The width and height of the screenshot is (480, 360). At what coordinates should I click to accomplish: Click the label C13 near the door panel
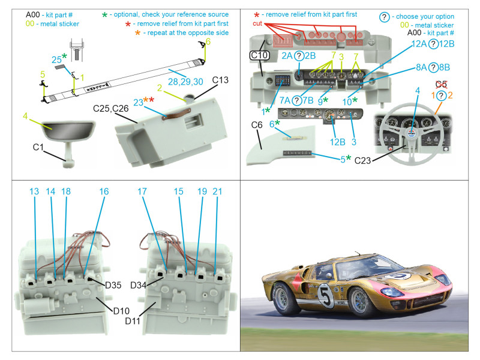click(220, 80)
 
